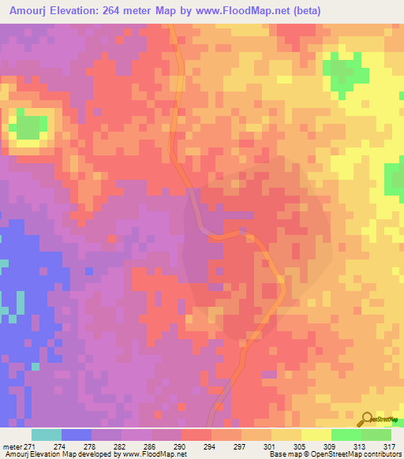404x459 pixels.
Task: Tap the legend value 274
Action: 58,446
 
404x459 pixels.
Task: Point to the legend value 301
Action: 269,446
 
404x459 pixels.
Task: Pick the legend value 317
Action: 389,446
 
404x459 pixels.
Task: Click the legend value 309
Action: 329,446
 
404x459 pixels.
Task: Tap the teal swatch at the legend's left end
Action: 47,435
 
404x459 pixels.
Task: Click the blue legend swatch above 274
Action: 77,435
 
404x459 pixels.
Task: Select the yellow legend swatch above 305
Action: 286,435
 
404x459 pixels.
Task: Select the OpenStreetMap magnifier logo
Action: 367,420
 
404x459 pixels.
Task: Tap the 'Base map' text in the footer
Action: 283,454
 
